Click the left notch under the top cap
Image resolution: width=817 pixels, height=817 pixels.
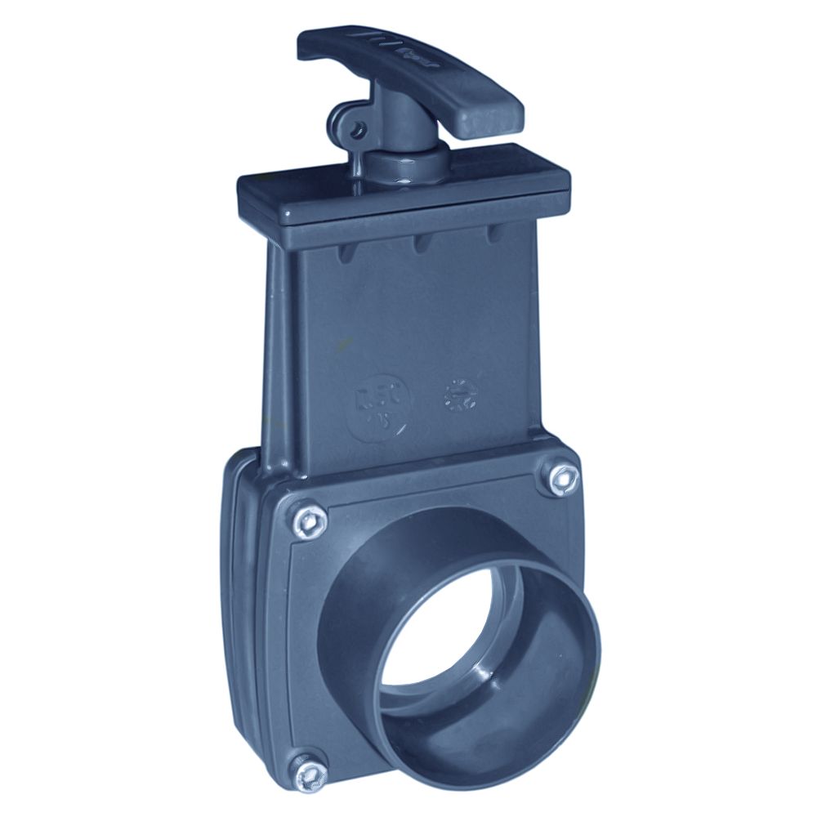(x=347, y=250)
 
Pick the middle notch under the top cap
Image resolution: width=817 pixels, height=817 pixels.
(x=422, y=242)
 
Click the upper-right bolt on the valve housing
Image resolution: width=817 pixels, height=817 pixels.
(x=559, y=478)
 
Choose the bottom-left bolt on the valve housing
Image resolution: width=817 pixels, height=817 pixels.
(x=309, y=771)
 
